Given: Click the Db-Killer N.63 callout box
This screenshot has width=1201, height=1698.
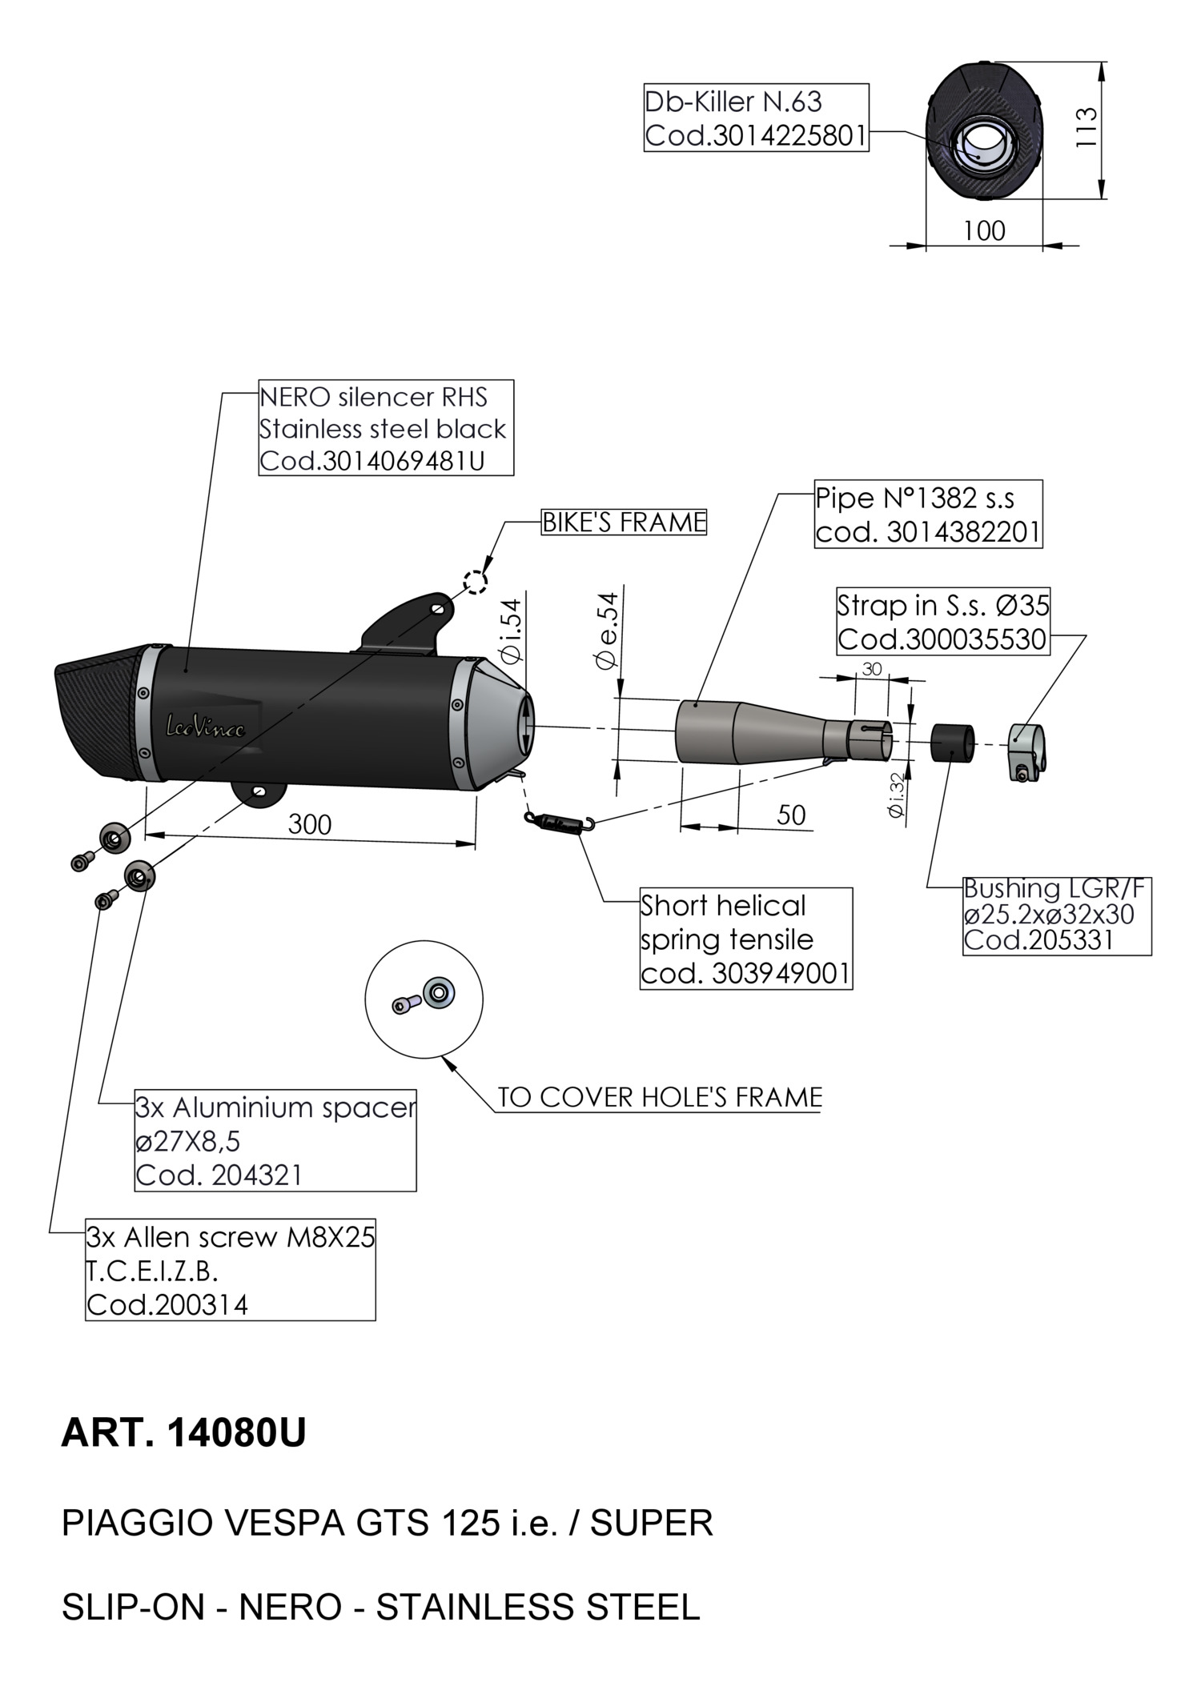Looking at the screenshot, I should (756, 118).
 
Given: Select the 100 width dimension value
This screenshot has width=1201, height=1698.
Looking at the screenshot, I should (984, 231).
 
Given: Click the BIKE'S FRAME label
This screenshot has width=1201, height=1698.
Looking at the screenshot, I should (624, 523).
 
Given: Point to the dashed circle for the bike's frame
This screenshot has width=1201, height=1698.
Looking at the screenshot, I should (476, 582).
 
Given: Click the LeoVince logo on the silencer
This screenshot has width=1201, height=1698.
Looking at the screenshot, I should (205, 727).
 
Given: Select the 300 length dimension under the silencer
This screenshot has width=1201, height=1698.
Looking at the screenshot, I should (309, 824).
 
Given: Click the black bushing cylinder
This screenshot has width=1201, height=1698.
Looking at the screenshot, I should (953, 742).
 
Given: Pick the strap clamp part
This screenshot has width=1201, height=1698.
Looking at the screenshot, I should (1026, 749).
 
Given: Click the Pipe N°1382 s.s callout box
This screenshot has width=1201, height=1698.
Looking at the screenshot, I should (928, 514).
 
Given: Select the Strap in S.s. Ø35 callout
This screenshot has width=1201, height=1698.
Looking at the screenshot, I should (942, 622).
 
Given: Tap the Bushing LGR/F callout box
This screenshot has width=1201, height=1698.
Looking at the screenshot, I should (1056, 915).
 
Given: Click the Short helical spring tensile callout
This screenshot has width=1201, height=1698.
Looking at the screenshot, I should (745, 939).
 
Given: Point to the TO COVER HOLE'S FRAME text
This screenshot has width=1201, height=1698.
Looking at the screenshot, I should (660, 1097).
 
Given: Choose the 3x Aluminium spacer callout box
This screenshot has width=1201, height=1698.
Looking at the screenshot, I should (275, 1140).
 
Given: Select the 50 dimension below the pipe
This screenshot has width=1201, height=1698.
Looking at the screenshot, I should (791, 815).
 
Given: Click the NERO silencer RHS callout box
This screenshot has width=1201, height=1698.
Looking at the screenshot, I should (385, 428).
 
